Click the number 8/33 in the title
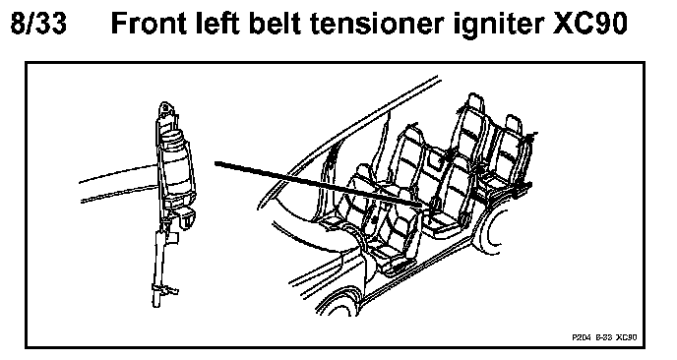coord(38,24)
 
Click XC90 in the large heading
coord(590,24)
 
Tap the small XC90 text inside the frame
coord(626,336)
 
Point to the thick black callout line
coord(320,185)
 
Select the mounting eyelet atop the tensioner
coord(165,109)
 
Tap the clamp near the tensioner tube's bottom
coord(164,289)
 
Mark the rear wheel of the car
coord(492,229)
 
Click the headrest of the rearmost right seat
coord(513,125)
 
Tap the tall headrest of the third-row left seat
coord(474,103)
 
